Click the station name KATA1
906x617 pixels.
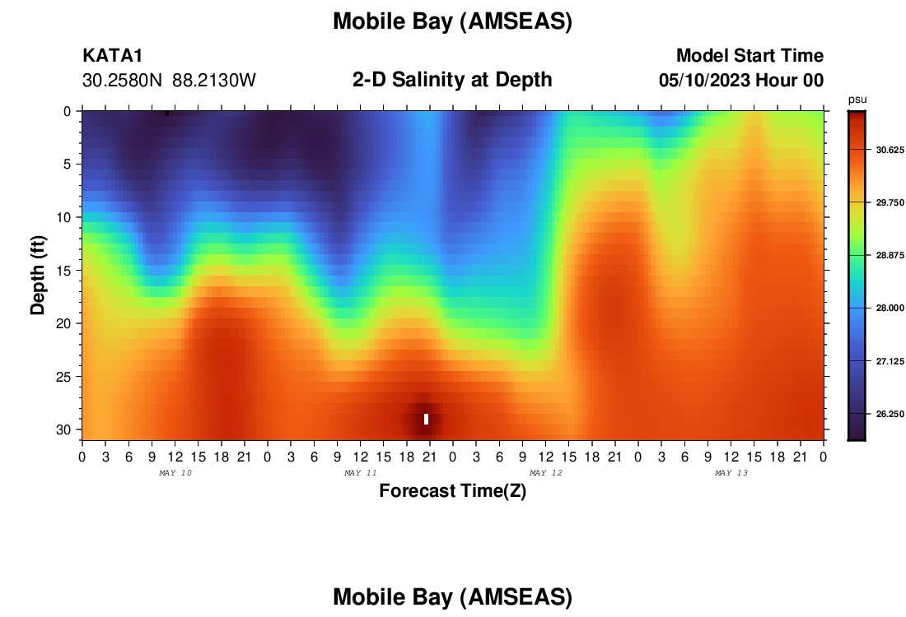pyautogui.click(x=112, y=56)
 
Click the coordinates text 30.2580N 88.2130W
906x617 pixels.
pyautogui.click(x=169, y=81)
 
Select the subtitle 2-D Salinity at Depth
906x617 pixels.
pyautogui.click(x=452, y=80)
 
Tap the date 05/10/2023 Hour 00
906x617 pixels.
pyautogui.click(x=741, y=81)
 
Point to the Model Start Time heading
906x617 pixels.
pyautogui.click(x=750, y=55)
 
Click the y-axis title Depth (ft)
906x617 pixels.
pyautogui.click(x=38, y=275)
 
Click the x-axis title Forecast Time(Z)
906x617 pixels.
pyautogui.click(x=452, y=490)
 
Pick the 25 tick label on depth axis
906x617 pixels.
pyautogui.click(x=63, y=377)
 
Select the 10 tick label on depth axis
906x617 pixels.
pyautogui.click(x=63, y=217)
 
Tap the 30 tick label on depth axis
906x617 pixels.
pyautogui.click(x=63, y=430)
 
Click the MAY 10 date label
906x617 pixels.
pyautogui.click(x=175, y=473)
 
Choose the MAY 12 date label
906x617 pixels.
pyautogui.click(x=546, y=473)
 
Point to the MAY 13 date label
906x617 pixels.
pyautogui.click(x=731, y=473)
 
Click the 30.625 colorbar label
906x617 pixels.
pyautogui.click(x=890, y=150)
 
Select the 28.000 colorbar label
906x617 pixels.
pyautogui.click(x=890, y=308)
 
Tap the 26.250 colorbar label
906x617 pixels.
pyautogui.click(x=890, y=415)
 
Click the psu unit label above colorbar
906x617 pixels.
pyautogui.click(x=857, y=100)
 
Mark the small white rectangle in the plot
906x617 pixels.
pyautogui.click(x=427, y=419)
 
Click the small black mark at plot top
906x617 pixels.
pyautogui.click(x=167, y=114)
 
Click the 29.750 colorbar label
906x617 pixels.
pyautogui.click(x=890, y=202)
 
